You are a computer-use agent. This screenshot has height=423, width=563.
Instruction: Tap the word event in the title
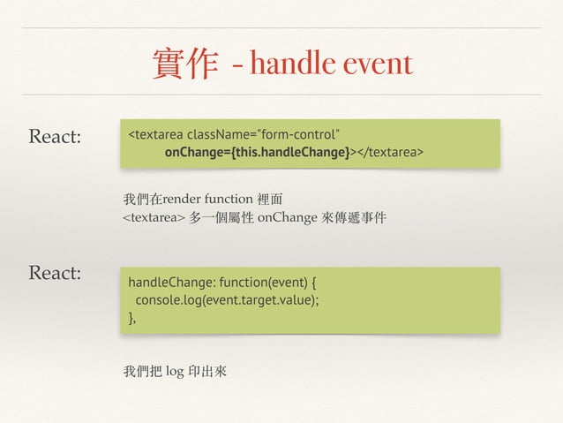coord(378,64)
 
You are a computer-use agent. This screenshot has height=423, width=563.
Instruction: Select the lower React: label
coord(55,273)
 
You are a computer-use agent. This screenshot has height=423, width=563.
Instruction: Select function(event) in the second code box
coord(264,283)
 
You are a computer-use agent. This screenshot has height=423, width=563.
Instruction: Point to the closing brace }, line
coord(132,317)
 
